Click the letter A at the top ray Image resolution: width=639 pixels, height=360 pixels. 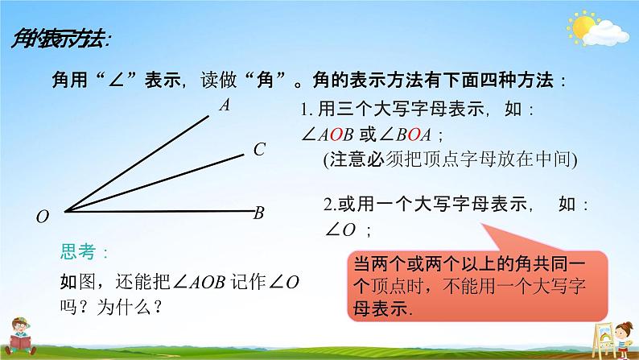pos(225,104)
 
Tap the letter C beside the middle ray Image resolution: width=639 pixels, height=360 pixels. pos(259,149)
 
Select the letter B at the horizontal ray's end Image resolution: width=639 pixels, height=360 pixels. pos(259,213)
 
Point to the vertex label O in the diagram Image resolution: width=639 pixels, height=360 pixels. pos(43,217)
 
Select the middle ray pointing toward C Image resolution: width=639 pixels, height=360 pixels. pos(153,182)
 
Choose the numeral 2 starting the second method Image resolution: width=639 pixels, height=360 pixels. pos(327,205)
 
